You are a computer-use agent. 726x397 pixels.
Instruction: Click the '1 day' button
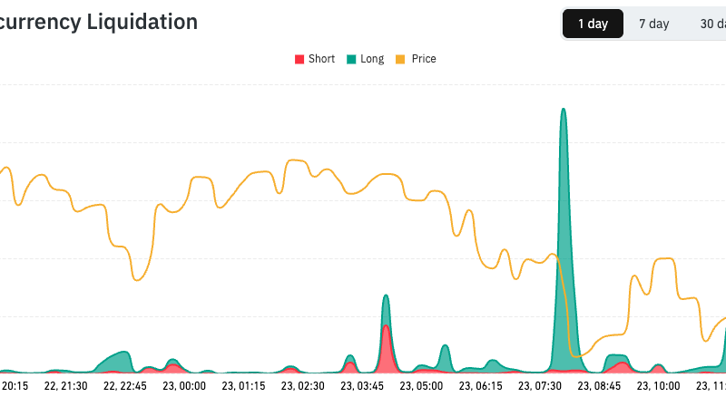593,24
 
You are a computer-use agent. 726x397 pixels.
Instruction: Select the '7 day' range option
653,24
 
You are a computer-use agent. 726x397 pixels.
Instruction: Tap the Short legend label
321,59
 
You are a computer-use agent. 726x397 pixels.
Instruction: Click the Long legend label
372,59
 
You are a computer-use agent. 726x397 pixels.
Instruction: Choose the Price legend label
424,59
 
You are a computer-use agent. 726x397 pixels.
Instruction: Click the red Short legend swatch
299,60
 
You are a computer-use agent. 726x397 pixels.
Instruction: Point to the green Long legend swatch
350,60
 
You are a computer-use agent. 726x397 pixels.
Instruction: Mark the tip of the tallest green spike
564,110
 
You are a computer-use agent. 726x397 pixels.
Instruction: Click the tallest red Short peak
386,326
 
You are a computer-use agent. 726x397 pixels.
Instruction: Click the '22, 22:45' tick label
125,386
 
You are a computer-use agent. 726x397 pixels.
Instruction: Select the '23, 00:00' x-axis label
184,386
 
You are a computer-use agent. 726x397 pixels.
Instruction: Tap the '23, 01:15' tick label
243,386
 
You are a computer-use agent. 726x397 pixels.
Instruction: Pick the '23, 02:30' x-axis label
302,386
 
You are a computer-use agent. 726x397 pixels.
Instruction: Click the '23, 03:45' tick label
361,386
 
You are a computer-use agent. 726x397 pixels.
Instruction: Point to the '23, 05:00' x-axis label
420,386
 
